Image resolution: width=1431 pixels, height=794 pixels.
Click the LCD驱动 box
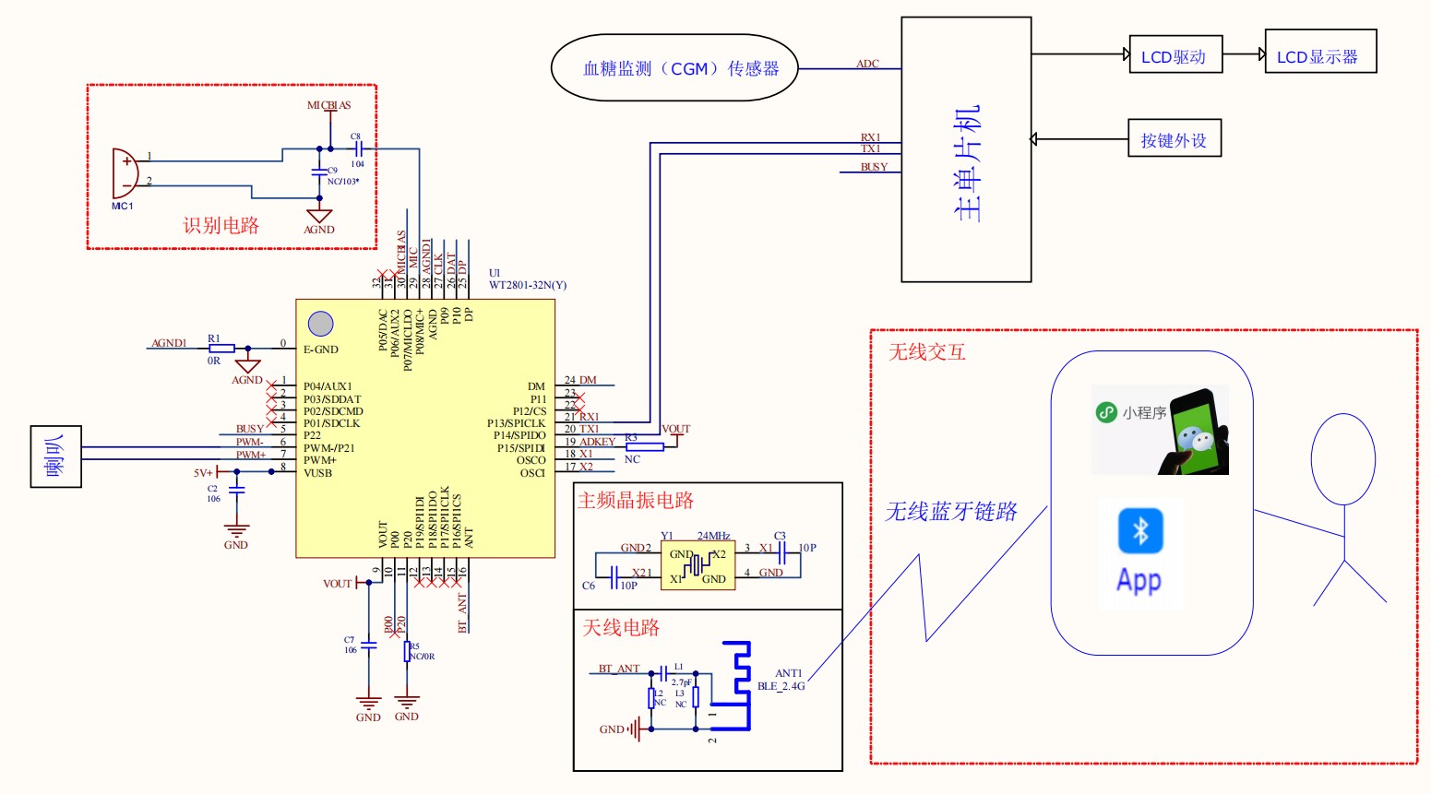coord(1175,55)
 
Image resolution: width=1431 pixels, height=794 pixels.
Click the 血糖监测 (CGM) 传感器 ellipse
coord(674,68)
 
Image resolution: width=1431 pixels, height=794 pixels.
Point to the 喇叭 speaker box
coord(56,456)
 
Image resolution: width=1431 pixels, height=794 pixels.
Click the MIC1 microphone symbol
coord(125,172)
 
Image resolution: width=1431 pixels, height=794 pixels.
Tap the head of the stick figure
coord(1343,458)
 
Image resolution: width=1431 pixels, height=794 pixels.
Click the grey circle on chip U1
coord(320,324)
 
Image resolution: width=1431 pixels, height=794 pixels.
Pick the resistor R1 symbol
coord(221,349)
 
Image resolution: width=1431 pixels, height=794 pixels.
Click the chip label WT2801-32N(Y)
coord(528,285)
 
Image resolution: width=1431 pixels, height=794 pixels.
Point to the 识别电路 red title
coord(221,226)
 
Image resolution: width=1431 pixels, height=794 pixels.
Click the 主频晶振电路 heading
coord(636,501)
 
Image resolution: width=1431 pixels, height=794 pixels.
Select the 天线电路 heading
coord(621,628)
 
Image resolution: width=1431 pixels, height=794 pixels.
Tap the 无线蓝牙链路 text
coord(951,512)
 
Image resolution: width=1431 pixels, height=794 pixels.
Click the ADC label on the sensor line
coord(867,64)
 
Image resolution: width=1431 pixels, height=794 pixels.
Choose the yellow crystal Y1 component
coord(698,565)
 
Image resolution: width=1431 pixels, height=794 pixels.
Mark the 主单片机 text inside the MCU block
coord(966,164)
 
